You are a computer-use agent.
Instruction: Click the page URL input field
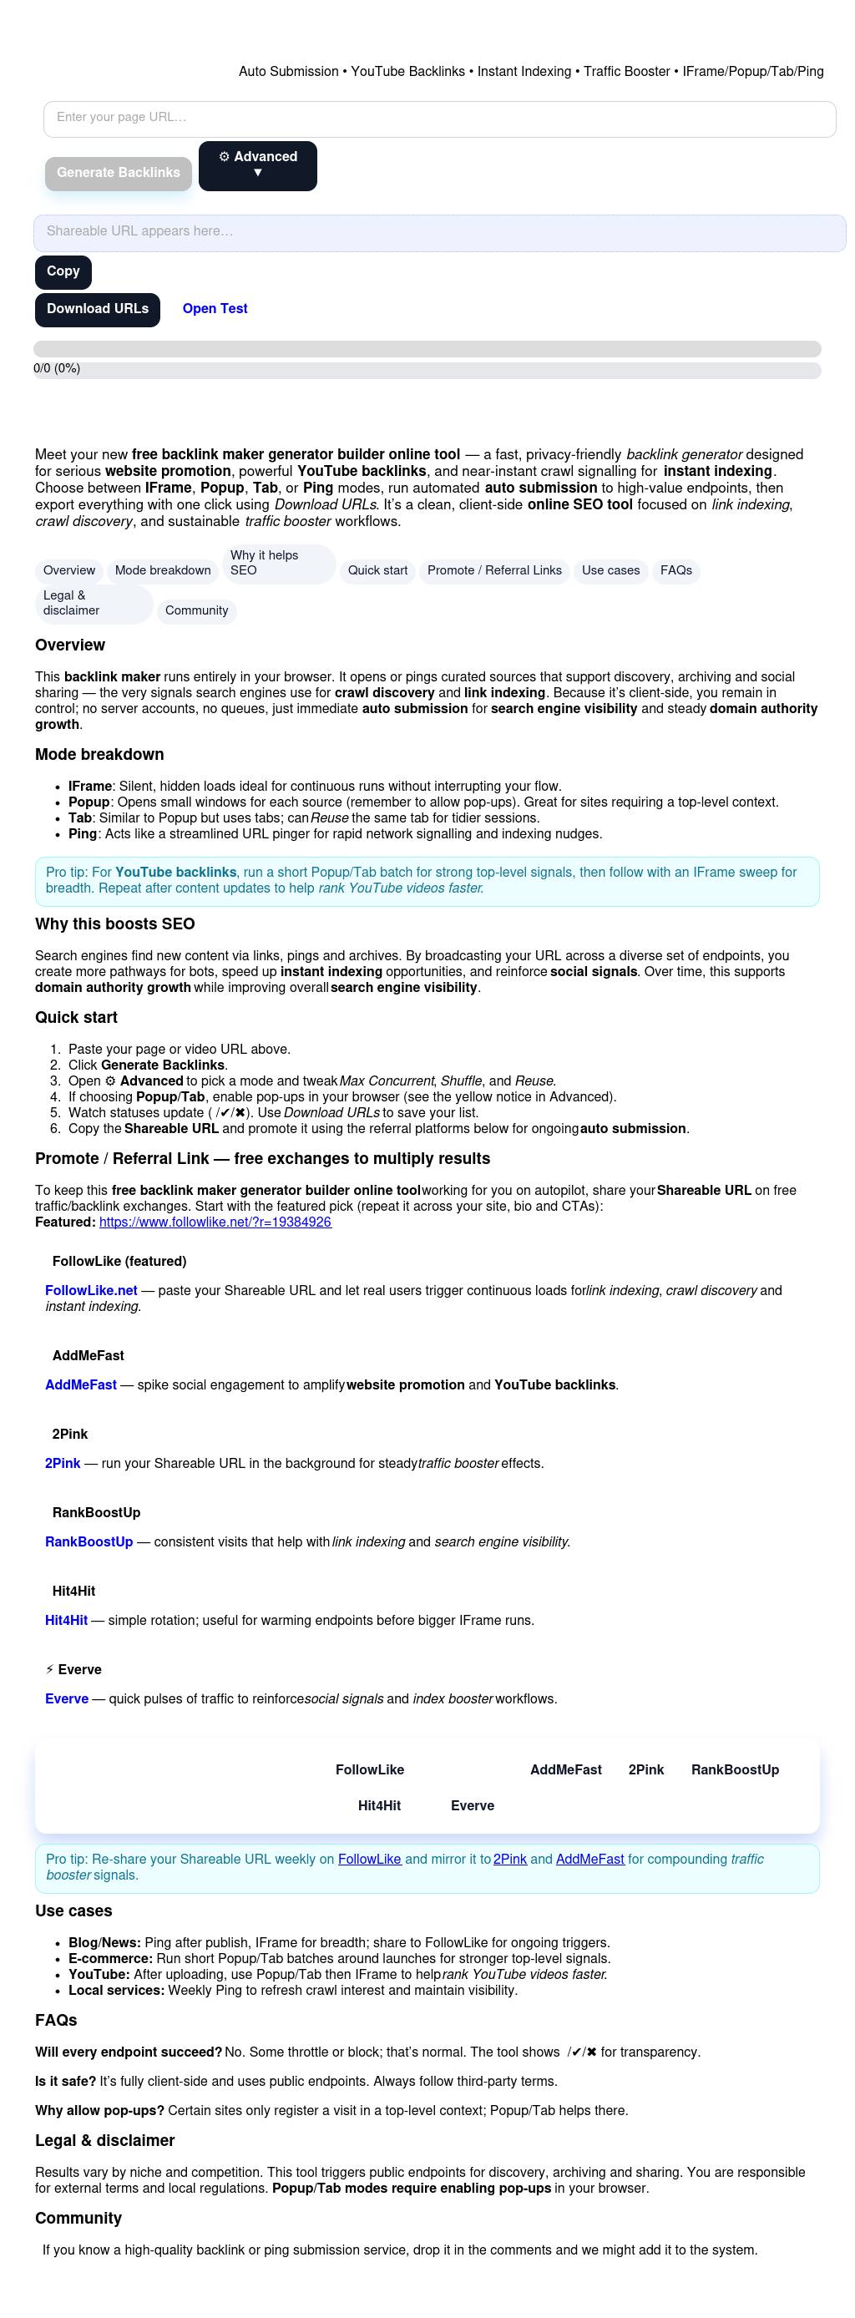(x=439, y=118)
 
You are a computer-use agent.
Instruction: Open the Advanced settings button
(x=257, y=165)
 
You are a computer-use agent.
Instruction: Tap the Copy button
(x=63, y=271)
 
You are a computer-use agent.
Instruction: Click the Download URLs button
(x=97, y=310)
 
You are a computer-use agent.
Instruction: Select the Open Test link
(x=215, y=310)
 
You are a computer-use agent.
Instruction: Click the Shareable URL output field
(x=439, y=232)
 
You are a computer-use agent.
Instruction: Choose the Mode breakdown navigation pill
(x=163, y=570)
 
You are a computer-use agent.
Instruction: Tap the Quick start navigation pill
(x=377, y=570)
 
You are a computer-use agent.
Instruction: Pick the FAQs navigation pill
(x=675, y=570)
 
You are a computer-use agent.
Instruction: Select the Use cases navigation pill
(x=610, y=570)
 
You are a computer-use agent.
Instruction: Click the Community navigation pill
(x=196, y=611)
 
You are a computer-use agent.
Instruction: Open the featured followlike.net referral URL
(x=215, y=1222)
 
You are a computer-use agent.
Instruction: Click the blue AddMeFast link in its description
(x=81, y=1384)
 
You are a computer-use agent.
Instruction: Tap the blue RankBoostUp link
(x=89, y=1541)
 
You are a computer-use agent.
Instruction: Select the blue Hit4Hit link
(x=67, y=1620)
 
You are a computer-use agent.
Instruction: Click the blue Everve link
(x=67, y=1698)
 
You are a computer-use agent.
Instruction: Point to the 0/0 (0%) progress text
(x=57, y=368)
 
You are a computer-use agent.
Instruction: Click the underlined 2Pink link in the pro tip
(x=509, y=1858)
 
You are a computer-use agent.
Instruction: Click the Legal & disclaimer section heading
(x=104, y=2140)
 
